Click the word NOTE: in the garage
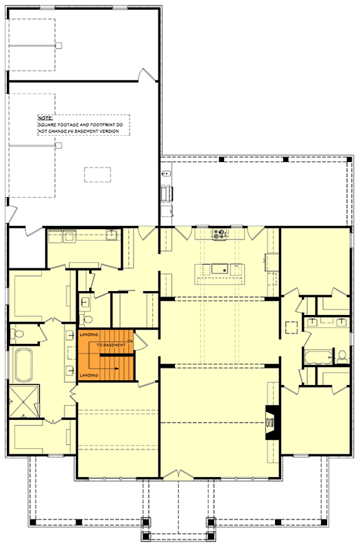[x=45, y=118]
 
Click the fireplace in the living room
[x=272, y=419]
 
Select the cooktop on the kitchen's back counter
[x=221, y=235]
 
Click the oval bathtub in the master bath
[x=23, y=365]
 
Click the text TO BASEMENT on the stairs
[x=110, y=344]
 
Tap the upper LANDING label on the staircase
[x=89, y=334]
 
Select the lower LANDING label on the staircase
[x=89, y=376]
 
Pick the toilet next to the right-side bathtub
[x=341, y=356]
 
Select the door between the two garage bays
[x=145, y=75]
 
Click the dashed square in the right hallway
[x=291, y=326]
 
